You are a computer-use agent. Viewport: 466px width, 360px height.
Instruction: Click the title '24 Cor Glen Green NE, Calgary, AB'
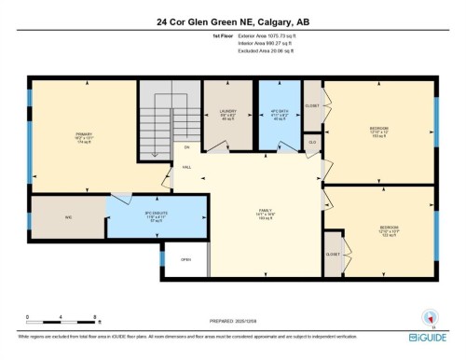pyautogui.click(x=233, y=20)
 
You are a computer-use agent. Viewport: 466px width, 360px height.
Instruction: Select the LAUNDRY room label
pyautogui.click(x=228, y=114)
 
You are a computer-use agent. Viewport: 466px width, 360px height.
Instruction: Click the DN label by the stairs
pyautogui.click(x=186, y=146)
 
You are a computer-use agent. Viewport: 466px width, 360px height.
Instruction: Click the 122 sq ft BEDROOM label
pyautogui.click(x=389, y=228)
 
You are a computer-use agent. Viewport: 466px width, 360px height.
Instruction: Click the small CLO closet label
pyautogui.click(x=312, y=143)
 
